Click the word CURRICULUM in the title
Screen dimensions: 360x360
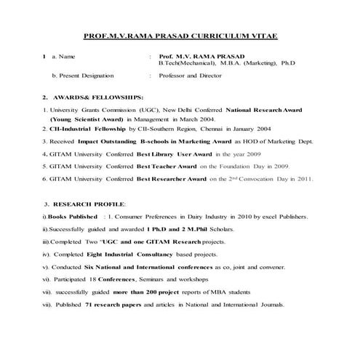click(x=216, y=36)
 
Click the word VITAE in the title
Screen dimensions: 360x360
click(x=260, y=36)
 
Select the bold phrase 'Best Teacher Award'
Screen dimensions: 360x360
click(x=167, y=166)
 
